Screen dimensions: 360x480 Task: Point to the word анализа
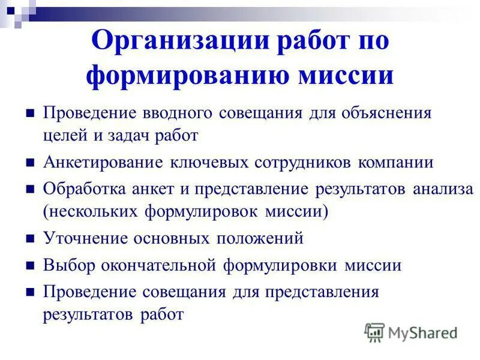coord(443,189)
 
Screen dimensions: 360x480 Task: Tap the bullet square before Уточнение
coord(31,239)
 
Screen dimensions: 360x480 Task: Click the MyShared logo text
coord(420,332)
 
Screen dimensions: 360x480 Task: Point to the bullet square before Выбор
coord(31,266)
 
